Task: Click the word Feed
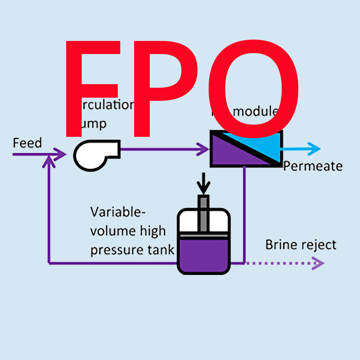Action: (27, 143)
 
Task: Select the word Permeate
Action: (313, 166)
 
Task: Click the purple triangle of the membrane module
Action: (229, 155)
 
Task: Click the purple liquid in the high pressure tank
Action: (203, 254)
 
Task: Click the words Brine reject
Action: (301, 245)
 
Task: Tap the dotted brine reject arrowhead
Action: (319, 263)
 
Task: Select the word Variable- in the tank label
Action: (118, 211)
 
